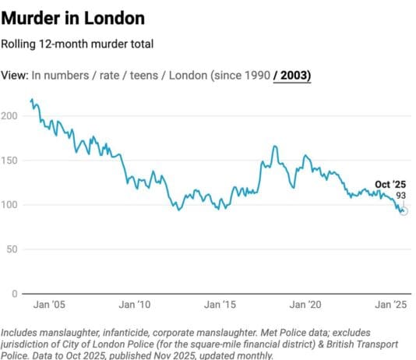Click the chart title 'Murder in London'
(72, 16)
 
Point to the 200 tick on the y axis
(9, 115)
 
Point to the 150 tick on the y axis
(9, 160)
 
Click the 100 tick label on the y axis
(9, 204)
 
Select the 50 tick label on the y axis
(12, 249)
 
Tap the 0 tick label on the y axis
(14, 293)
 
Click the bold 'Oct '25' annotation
(390, 184)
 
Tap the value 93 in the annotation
(401, 196)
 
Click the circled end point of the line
(404, 211)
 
